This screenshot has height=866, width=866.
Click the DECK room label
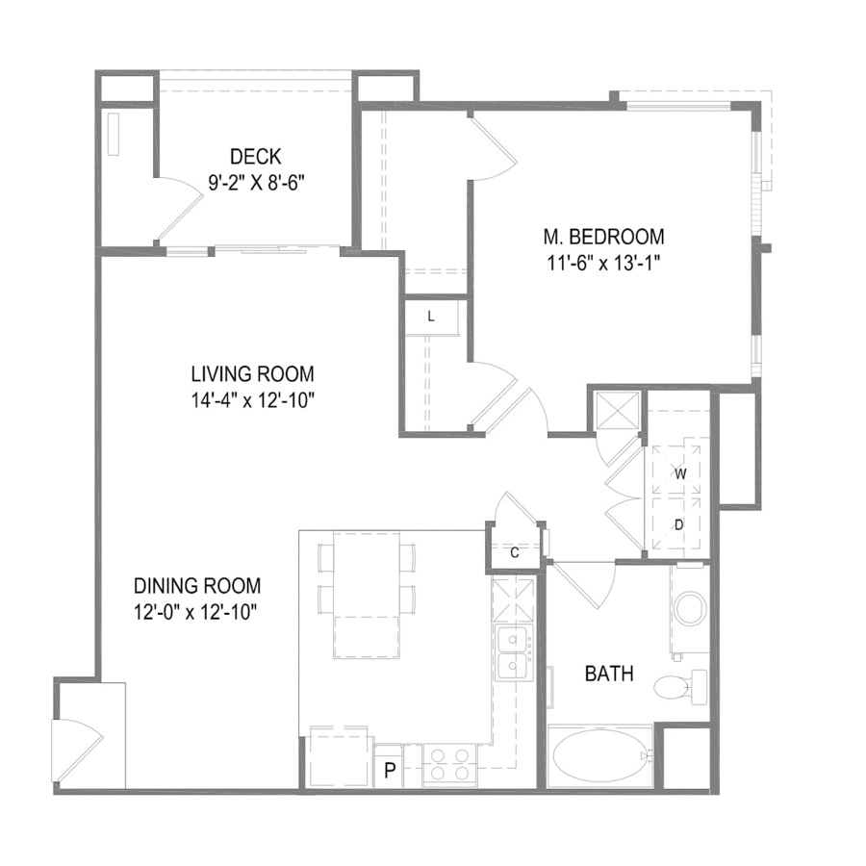pyautogui.click(x=256, y=157)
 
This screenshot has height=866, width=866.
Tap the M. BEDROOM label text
pyautogui.click(x=604, y=237)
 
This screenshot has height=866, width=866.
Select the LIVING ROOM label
pyautogui.click(x=252, y=374)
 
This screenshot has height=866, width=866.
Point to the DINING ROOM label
pyautogui.click(x=197, y=585)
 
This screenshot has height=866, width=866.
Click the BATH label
pyautogui.click(x=609, y=674)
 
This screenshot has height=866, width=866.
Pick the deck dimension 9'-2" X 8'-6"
pyautogui.click(x=257, y=183)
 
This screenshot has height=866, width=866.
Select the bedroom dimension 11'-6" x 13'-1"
pyautogui.click(x=604, y=264)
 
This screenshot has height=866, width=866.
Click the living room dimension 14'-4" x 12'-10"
pyautogui.click(x=253, y=400)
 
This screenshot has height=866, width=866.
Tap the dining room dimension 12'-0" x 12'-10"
pyautogui.click(x=196, y=612)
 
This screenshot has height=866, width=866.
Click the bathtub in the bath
pyautogui.click(x=599, y=755)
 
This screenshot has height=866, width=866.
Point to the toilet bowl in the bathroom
pyautogui.click(x=672, y=688)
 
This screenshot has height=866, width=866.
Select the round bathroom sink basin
pyautogui.click(x=690, y=607)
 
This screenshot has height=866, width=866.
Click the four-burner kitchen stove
pyautogui.click(x=449, y=765)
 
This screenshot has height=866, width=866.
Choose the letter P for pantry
pyautogui.click(x=390, y=770)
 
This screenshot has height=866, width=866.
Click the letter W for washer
pyautogui.click(x=680, y=473)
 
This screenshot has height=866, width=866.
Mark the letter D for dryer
pyautogui.click(x=679, y=524)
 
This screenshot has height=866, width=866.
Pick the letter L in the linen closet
pyautogui.click(x=431, y=317)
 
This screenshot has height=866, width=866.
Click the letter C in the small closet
pyautogui.click(x=515, y=553)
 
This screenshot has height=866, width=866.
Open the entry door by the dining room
pyautogui.click(x=77, y=751)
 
